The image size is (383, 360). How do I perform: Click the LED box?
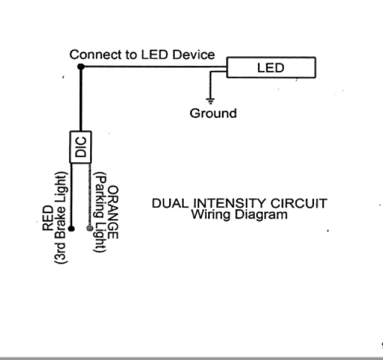coord(271,67)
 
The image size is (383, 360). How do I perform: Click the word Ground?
coord(213,114)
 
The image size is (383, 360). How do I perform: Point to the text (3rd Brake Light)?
coord(61,217)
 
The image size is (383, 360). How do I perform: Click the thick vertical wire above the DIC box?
coord(80,99)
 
